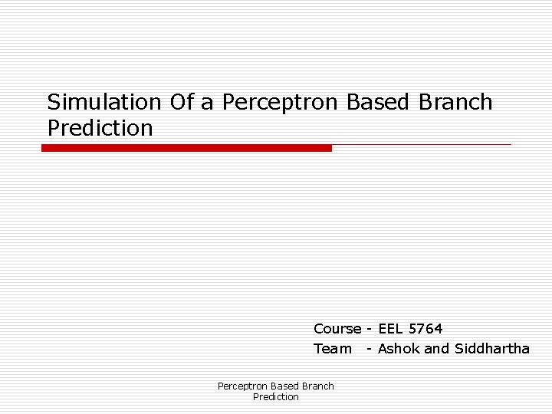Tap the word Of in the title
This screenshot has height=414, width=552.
182,102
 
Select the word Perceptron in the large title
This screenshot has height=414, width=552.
281,102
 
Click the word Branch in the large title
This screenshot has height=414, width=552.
457,102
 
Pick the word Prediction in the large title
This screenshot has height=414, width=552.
100,128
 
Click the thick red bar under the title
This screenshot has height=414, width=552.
186,148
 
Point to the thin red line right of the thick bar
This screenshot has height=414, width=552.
422,144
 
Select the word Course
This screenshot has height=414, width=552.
337,329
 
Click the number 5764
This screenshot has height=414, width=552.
426,329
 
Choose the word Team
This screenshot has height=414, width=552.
332,349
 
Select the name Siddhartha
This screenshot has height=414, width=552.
491,349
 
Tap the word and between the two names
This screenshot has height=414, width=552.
437,349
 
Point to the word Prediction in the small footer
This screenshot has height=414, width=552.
276,397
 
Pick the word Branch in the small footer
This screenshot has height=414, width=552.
317,386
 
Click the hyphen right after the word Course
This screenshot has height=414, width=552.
370,329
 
